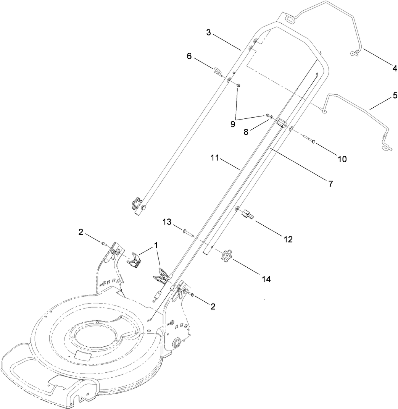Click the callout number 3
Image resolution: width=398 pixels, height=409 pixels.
[x=208, y=32]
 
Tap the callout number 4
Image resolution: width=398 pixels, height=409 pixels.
[x=394, y=69]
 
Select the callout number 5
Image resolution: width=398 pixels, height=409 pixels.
[x=394, y=95]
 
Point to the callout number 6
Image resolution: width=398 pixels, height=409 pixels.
[x=189, y=56]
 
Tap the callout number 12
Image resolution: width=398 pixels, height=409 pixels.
[x=288, y=239]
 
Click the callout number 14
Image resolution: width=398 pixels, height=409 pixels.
[x=266, y=279]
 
